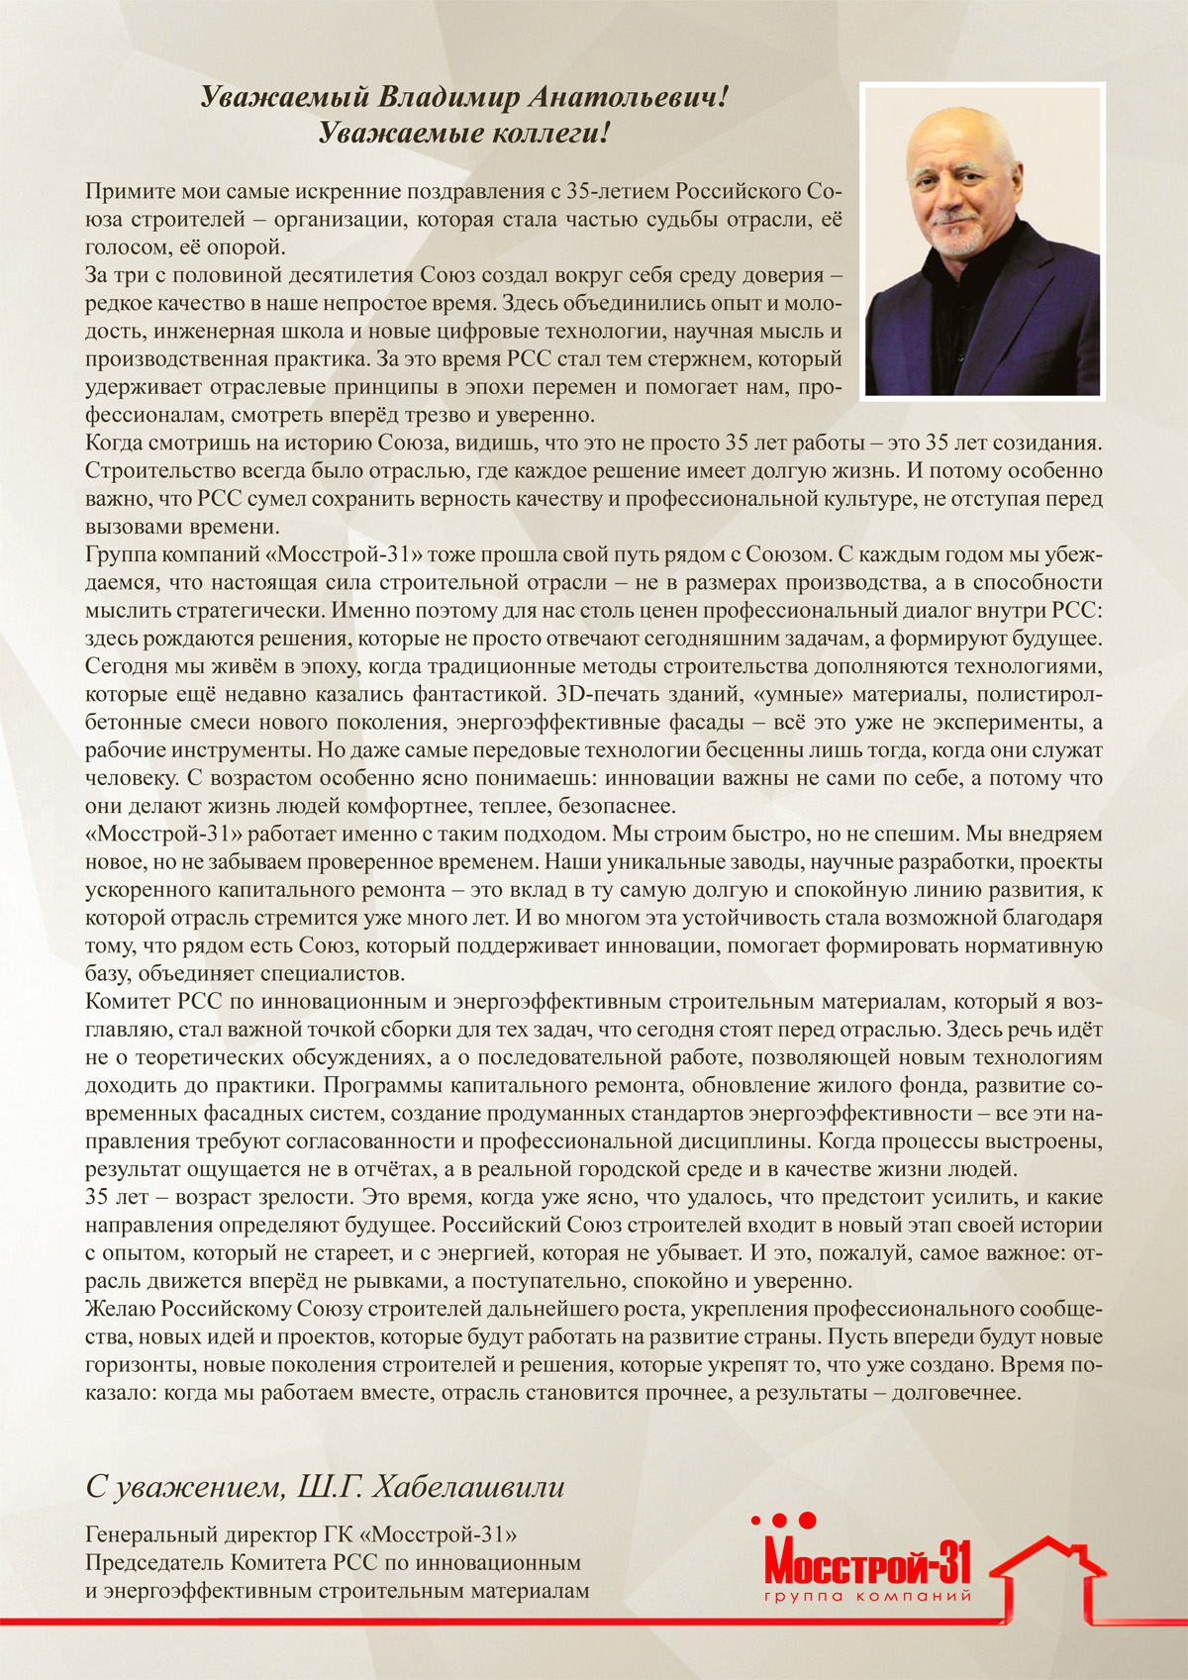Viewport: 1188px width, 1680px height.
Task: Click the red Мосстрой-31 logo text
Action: point(867,1561)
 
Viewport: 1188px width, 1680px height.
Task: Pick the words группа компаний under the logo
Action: point(867,1596)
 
